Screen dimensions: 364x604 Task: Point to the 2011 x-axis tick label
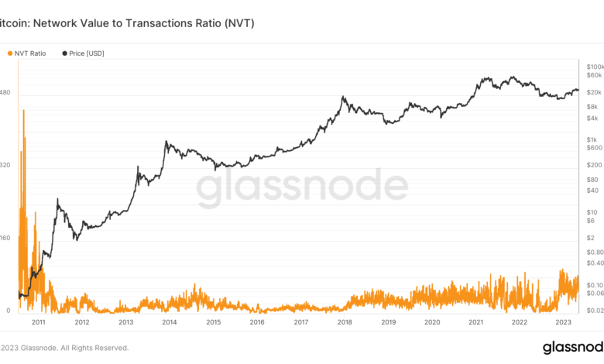(x=38, y=323)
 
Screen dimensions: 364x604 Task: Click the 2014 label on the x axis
(x=170, y=323)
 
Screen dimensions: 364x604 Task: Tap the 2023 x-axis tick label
(x=565, y=323)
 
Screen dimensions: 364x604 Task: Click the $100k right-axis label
(x=594, y=67)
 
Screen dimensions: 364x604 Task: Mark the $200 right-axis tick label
(x=593, y=164)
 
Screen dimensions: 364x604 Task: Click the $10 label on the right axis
(x=592, y=211)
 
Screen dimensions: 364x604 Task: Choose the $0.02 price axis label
(x=594, y=310)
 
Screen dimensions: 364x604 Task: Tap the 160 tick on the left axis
(x=5, y=238)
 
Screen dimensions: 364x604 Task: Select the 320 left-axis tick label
(x=5, y=165)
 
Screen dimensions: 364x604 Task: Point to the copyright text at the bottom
(x=65, y=348)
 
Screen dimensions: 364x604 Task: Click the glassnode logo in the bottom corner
(x=572, y=347)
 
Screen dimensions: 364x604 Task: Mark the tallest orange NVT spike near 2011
(x=23, y=112)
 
